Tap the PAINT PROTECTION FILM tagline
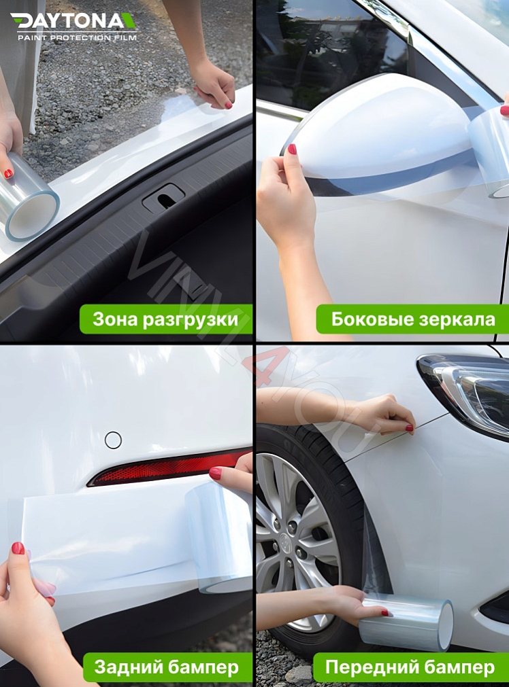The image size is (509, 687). click(76, 37)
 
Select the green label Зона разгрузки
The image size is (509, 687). click(165, 319)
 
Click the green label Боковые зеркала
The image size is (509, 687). click(413, 319)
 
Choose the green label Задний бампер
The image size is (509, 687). click(166, 667)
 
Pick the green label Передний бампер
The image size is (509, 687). click(410, 667)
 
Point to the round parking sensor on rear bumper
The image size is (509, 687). click(113, 440)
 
